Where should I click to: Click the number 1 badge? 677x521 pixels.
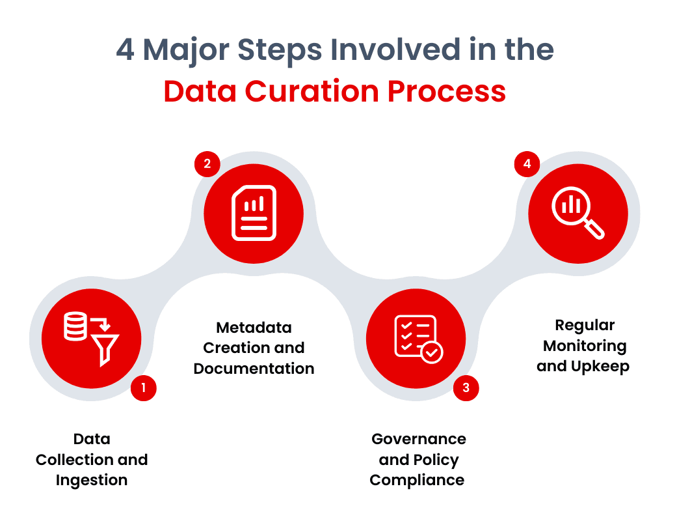tap(143, 389)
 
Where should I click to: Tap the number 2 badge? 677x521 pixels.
tap(207, 163)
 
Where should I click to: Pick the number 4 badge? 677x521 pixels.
tap(527, 163)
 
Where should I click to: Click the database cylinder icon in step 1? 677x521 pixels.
tap(75, 326)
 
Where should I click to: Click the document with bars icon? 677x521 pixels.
tap(254, 213)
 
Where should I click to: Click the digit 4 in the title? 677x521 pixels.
tap(126, 51)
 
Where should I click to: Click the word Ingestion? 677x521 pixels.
tap(92, 481)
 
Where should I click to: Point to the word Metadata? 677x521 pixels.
tap(254, 327)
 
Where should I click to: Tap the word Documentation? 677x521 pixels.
tap(254, 369)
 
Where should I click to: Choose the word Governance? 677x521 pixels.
tap(418, 439)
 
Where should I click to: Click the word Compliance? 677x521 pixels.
tap(417, 481)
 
